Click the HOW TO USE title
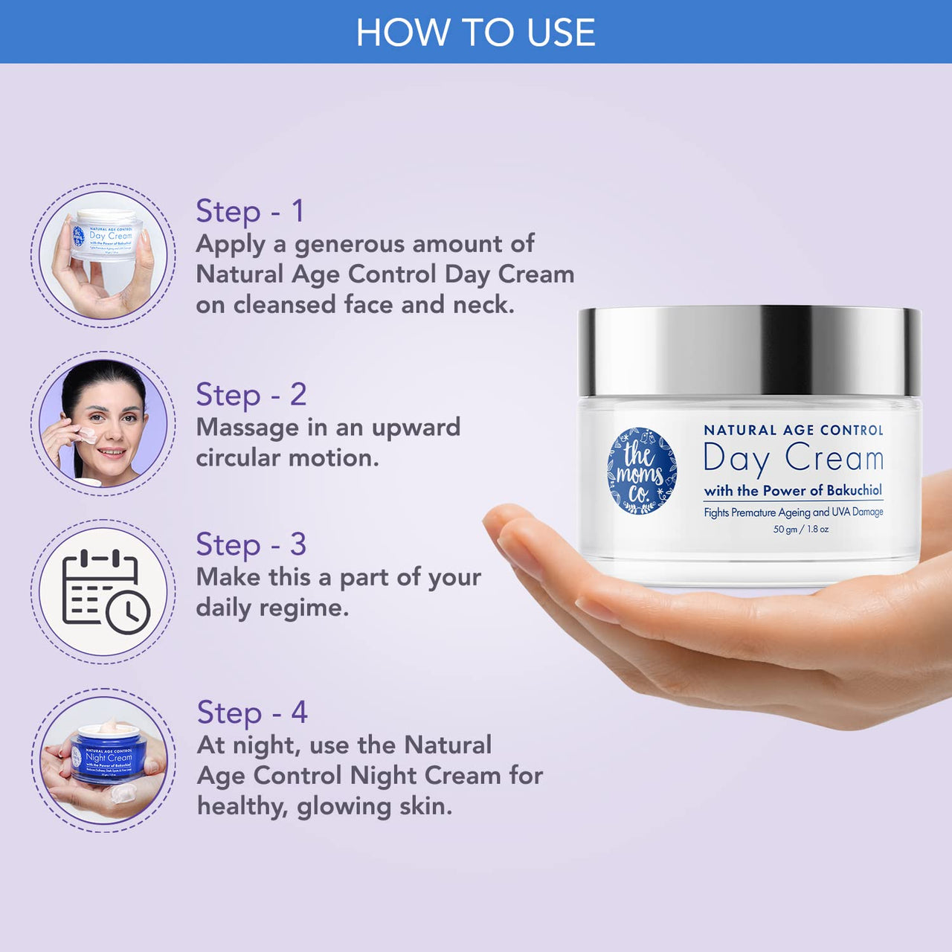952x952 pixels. pos(475,33)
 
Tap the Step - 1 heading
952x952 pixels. pos(250,211)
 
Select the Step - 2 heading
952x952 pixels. pos(251,395)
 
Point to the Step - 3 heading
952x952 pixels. pos(251,544)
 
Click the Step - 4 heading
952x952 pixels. pos(251,713)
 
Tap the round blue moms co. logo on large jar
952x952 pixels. pos(642,470)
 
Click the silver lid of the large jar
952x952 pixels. pos(749,351)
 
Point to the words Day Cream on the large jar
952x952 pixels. pos(793,457)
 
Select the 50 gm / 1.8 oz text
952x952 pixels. pos(800,530)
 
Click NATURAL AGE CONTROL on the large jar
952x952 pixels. pos(793,430)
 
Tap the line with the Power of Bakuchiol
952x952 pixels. pos(793,490)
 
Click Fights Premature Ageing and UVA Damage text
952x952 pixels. pos(793,512)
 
